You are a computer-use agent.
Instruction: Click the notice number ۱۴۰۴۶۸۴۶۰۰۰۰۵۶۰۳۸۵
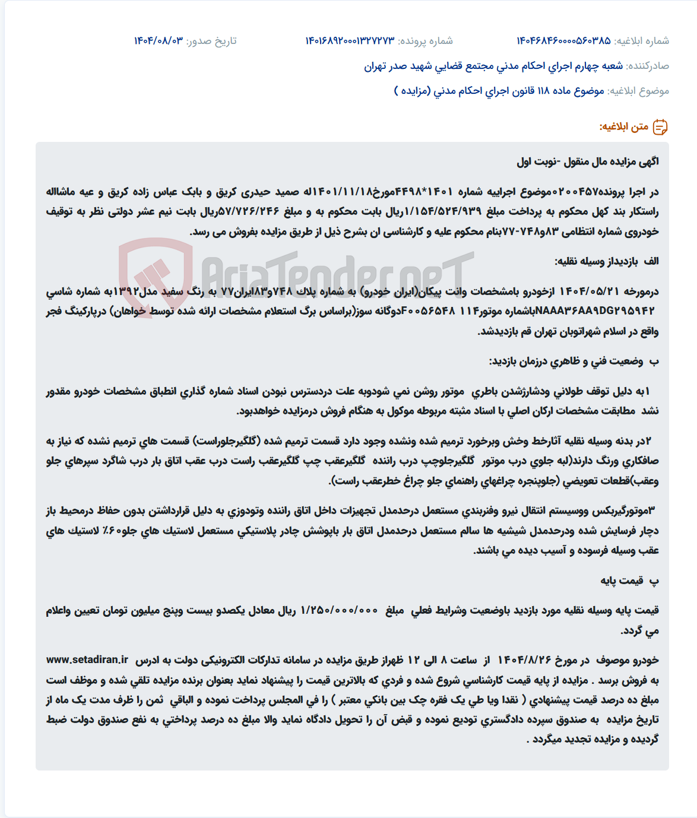point(563,41)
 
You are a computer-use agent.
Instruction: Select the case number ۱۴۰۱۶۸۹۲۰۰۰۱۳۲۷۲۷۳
point(350,41)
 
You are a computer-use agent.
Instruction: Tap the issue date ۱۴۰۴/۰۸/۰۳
point(159,41)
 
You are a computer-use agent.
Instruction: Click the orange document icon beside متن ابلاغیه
point(660,127)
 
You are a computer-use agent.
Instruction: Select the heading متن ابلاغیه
point(623,127)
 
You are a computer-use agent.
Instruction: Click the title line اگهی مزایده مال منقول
point(588,161)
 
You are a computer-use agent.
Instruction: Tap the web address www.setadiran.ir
point(87,660)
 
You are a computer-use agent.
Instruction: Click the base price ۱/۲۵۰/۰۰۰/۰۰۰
point(339,610)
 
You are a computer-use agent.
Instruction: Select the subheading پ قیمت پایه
point(629,581)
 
